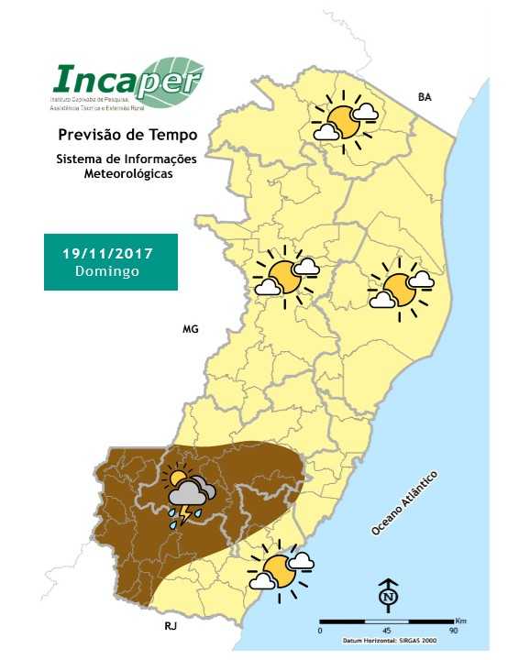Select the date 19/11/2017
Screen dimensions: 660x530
pos(108,252)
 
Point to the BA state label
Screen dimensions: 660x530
pos(424,96)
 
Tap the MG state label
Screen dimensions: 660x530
pos(191,328)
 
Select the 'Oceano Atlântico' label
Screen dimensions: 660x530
pos(404,504)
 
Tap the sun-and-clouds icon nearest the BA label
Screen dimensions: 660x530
pos(344,120)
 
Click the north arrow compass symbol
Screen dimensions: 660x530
pos(388,597)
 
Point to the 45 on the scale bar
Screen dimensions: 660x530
pos(386,630)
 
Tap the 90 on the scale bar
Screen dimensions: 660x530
pos(453,630)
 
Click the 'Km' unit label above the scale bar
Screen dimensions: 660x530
pos(459,621)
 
